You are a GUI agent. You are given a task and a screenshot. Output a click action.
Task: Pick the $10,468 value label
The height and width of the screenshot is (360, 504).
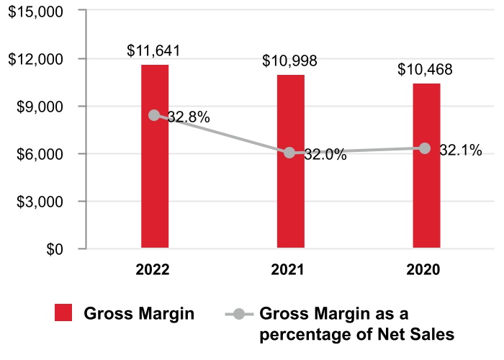pos(425,70)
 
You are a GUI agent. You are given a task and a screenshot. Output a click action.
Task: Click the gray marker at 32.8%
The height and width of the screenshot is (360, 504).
pos(155,115)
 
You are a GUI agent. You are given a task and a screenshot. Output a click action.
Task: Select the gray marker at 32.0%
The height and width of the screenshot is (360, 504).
pos(290,153)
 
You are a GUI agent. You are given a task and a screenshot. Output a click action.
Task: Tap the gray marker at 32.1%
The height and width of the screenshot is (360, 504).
pos(426,148)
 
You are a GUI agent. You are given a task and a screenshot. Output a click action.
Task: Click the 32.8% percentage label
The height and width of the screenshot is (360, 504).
pos(189,117)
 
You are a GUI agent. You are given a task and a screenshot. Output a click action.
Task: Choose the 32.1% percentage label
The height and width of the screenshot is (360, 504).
pos(460,150)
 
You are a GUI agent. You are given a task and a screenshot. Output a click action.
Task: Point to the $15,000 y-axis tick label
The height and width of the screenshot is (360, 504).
pos(36,12)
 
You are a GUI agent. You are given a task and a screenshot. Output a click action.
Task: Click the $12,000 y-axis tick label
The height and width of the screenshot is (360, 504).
pos(36,59)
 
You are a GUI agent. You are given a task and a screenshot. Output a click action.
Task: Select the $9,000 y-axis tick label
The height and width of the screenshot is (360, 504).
pos(40,107)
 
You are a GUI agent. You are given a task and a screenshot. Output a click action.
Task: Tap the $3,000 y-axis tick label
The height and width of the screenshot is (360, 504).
pos(40,202)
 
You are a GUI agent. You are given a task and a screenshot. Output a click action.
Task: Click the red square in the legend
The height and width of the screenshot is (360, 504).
pos(64,313)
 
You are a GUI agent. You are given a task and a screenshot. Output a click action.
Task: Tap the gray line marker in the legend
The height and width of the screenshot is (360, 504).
pos(240,314)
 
